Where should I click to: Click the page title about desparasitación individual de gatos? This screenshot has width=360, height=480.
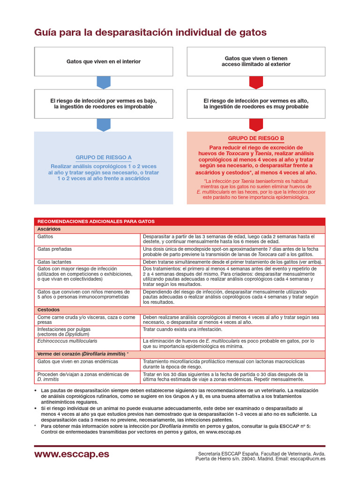150,33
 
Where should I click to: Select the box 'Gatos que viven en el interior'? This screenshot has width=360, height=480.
104,61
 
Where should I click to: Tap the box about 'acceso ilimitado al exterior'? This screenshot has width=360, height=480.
256,61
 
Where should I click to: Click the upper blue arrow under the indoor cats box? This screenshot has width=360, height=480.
104,82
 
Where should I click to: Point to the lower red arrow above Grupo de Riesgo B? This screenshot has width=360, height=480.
256,125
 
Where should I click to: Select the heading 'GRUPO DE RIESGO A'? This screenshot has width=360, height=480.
104,157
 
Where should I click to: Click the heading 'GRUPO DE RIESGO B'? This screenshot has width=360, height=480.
256,138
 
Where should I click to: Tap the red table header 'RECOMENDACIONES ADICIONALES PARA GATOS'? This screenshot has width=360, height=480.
96,221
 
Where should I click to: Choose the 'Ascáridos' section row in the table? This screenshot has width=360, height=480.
49,229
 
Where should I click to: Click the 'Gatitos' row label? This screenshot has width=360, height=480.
45,237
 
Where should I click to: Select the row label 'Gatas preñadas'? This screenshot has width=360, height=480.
55,249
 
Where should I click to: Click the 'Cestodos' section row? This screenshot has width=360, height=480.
49,310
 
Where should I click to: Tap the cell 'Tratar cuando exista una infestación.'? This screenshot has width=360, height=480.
182,330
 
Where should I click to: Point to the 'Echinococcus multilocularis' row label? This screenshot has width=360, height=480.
67,341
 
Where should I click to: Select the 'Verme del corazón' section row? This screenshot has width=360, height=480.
82,354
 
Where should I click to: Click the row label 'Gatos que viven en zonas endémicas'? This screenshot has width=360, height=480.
78,362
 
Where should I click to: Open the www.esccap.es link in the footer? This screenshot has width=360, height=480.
71,455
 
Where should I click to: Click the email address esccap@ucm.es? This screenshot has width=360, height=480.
307,458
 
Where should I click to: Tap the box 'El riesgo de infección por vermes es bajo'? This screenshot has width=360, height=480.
104,104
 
